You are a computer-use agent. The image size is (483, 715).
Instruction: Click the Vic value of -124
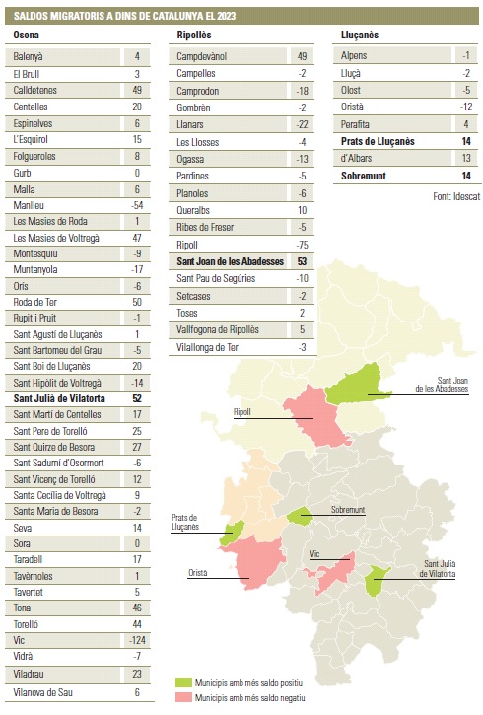coord(137,640)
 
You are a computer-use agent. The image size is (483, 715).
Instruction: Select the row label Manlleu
coord(29,205)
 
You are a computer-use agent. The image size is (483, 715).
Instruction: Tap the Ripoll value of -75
coord(302,245)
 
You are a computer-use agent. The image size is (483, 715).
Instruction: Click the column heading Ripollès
coord(194,35)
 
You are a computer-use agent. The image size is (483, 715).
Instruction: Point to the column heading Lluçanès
coord(360,35)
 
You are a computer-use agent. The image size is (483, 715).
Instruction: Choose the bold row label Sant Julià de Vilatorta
coord(59,398)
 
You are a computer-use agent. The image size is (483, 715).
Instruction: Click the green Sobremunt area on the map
coord(300,516)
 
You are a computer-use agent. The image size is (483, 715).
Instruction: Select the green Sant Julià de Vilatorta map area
coord(377,580)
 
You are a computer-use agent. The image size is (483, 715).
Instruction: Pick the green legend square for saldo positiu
coord(183,682)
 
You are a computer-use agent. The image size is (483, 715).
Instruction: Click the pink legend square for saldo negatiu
coord(183,697)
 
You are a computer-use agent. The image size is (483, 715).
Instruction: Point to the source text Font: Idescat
coord(456,196)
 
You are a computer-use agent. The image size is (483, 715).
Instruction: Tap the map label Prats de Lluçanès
coord(185,522)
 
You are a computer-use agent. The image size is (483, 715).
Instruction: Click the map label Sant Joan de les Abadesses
coord(442,385)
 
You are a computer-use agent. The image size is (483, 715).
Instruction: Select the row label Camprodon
coord(198,91)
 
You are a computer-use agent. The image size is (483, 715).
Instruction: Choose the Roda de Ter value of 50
coord(137,302)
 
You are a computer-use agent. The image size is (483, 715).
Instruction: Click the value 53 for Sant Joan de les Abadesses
coord(302,261)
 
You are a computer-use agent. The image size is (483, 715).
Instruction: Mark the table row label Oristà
coord(352,107)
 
